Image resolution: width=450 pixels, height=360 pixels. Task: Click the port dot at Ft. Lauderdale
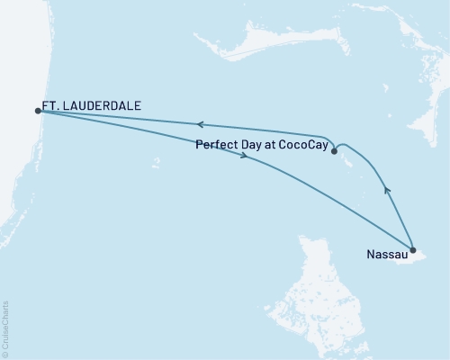[37, 111]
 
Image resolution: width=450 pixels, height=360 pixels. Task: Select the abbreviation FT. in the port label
[53, 105]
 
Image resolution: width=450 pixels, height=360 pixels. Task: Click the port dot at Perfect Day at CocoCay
[334, 152]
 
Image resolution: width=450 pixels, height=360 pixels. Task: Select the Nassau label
[386, 255]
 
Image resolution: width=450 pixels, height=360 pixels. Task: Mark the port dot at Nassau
[412, 250]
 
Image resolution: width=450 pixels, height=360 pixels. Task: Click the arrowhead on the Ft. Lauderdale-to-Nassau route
[245, 157]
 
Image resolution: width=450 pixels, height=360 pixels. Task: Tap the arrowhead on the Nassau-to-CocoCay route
[388, 189]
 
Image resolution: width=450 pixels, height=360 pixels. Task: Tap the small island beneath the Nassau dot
[416, 259]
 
